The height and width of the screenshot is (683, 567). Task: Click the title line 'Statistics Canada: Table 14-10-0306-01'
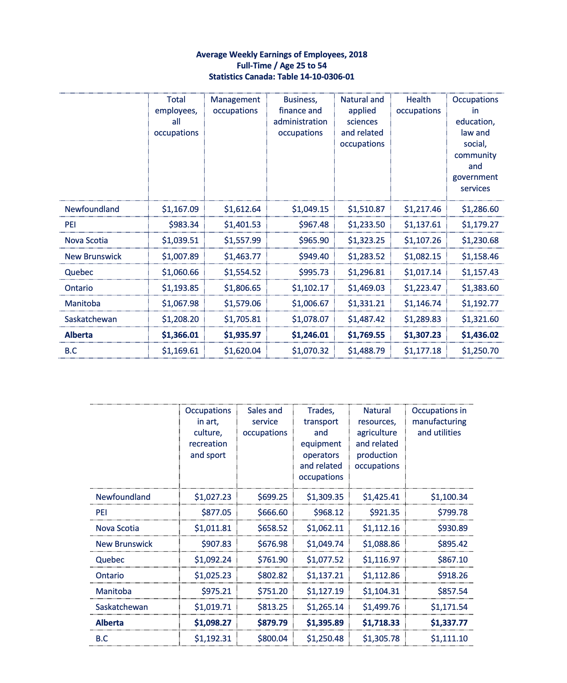click(281, 77)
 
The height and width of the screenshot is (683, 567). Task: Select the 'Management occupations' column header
click(235, 105)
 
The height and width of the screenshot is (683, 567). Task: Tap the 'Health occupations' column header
click(418, 105)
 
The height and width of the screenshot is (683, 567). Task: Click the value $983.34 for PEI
click(184, 224)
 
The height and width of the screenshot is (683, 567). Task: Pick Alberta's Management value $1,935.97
click(242, 335)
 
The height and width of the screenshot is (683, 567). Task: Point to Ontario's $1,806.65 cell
click(242, 288)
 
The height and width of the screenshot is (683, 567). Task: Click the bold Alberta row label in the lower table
click(110, 623)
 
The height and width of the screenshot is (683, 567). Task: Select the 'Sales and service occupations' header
click(265, 421)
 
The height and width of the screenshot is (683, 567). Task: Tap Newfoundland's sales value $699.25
click(272, 497)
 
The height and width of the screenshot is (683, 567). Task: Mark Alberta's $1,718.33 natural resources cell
click(381, 623)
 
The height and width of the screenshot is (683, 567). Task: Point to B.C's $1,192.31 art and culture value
click(213, 638)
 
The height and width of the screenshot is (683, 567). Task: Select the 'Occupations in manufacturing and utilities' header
click(439, 421)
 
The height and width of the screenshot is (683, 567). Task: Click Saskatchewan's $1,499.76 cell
click(381, 607)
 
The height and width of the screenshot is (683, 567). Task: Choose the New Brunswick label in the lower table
click(124, 544)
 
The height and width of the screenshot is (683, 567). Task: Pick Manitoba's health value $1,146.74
click(423, 303)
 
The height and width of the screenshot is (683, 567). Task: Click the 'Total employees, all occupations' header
click(176, 116)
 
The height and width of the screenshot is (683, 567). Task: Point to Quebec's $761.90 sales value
click(272, 560)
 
